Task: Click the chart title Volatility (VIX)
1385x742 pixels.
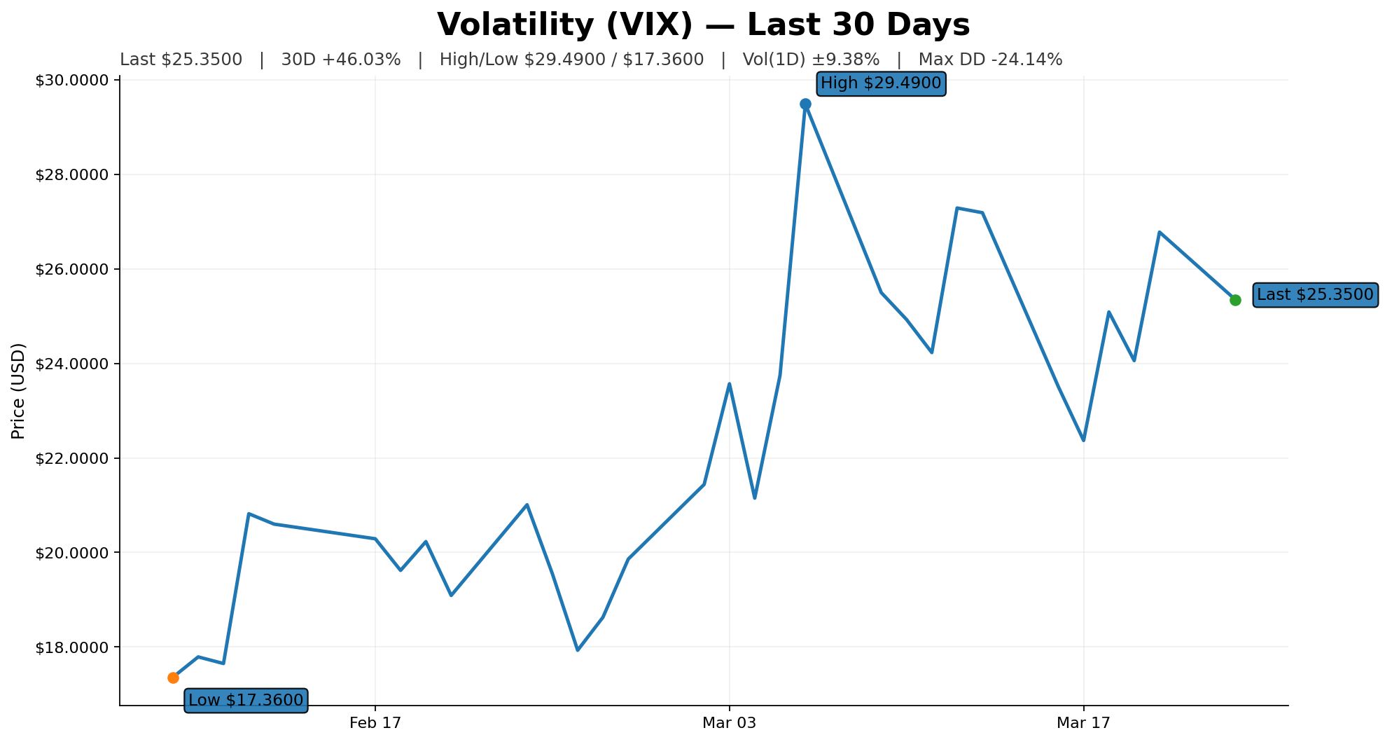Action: point(703,25)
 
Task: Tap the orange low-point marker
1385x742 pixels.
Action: point(173,678)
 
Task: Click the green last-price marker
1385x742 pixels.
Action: point(1235,300)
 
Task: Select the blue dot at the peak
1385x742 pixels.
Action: point(805,104)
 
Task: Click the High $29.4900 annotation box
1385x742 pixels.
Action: point(881,83)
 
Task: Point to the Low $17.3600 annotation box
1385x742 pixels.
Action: point(246,700)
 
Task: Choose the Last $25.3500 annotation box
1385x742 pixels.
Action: point(1315,295)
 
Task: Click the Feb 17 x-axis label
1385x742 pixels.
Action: point(375,723)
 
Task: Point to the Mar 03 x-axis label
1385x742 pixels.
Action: point(730,723)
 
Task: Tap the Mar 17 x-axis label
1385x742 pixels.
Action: point(1083,723)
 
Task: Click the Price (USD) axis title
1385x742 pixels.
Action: point(19,391)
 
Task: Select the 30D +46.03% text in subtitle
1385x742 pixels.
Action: point(341,60)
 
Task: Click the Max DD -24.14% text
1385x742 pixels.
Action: point(990,60)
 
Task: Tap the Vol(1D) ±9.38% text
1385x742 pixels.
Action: point(811,60)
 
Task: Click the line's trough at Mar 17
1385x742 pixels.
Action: point(1083,440)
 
